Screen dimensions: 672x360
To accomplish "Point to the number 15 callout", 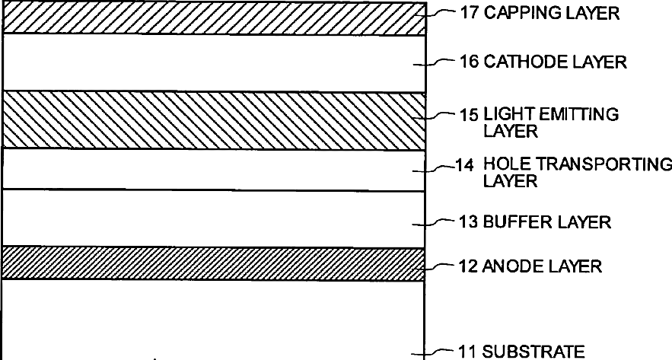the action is click(468, 115).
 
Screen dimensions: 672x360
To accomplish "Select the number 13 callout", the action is click(469, 222).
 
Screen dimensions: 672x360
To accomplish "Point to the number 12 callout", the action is click(469, 266).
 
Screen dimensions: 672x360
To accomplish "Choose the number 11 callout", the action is click(468, 352).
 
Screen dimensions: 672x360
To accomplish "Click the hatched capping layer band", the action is click(213, 18).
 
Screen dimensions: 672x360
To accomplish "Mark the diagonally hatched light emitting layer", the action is click(213, 120).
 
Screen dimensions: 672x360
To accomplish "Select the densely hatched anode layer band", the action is click(213, 263).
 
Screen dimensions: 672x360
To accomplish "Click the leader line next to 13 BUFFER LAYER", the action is click(441, 222).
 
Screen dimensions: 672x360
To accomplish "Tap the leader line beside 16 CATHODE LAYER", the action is click(441, 62).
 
